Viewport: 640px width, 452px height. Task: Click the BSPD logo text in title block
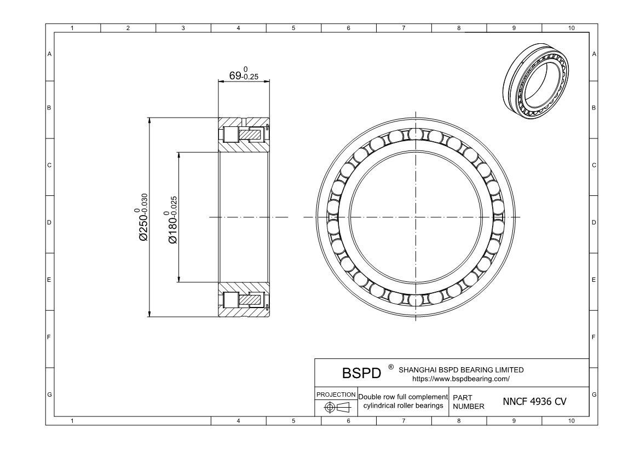click(361, 373)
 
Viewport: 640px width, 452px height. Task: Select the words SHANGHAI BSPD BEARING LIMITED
click(462, 370)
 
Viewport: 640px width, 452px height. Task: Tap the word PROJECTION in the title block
click(336, 395)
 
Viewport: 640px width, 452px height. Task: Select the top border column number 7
click(403, 27)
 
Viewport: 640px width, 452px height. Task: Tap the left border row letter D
click(49, 223)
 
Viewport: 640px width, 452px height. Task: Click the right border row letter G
click(594, 395)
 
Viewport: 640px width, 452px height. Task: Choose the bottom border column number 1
click(73, 421)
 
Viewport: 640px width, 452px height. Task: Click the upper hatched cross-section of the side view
click(244, 135)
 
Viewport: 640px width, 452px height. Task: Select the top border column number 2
click(128, 27)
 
